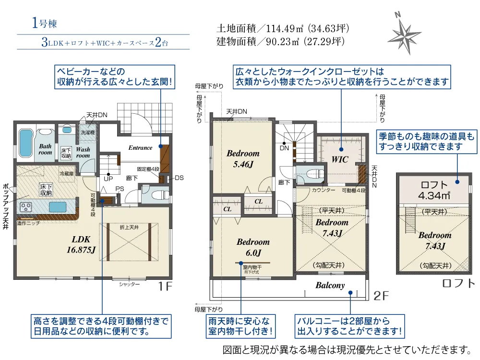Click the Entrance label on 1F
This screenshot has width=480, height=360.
coord(140,148)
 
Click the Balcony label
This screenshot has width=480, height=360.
coord(330,285)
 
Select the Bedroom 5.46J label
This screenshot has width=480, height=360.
coord(243,158)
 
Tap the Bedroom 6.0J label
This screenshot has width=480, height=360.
coord(253,247)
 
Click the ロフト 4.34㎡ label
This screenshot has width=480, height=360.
coord(434,190)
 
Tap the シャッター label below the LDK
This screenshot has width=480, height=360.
coord(130,285)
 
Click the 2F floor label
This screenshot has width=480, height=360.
coord(381,296)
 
